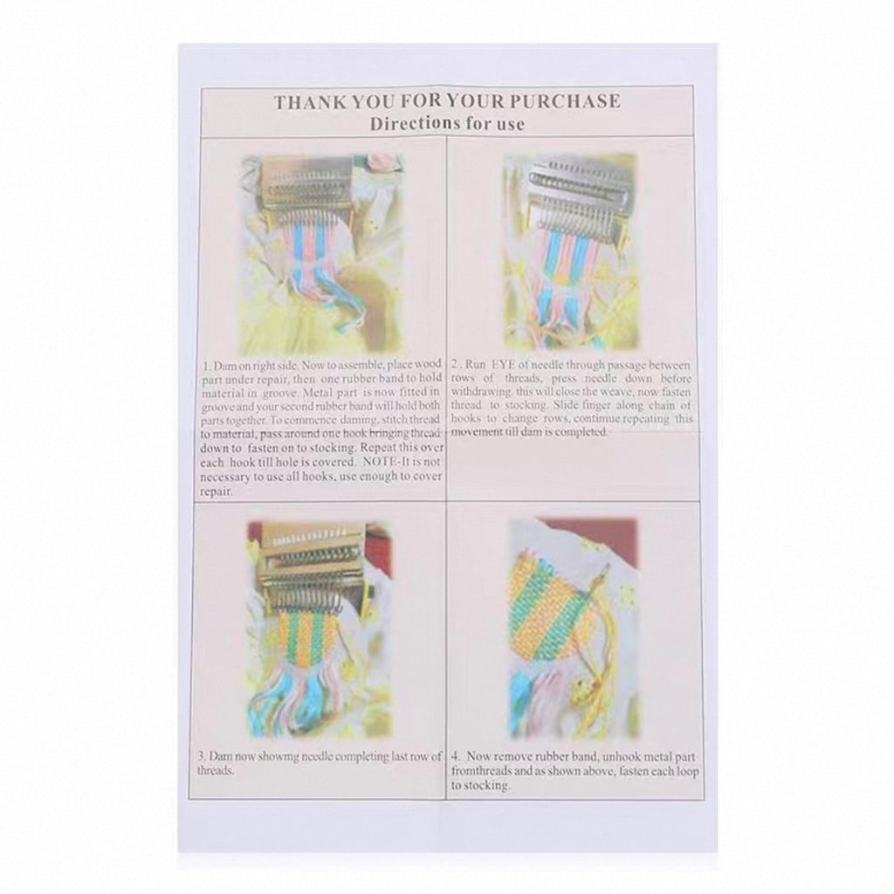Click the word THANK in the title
coord(308,101)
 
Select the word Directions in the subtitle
coord(407,124)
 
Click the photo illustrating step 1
coord(321,253)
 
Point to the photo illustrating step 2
coord(570,251)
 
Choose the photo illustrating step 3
coord(319,627)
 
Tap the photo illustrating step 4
coord(573,627)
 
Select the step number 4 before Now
coord(455,756)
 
